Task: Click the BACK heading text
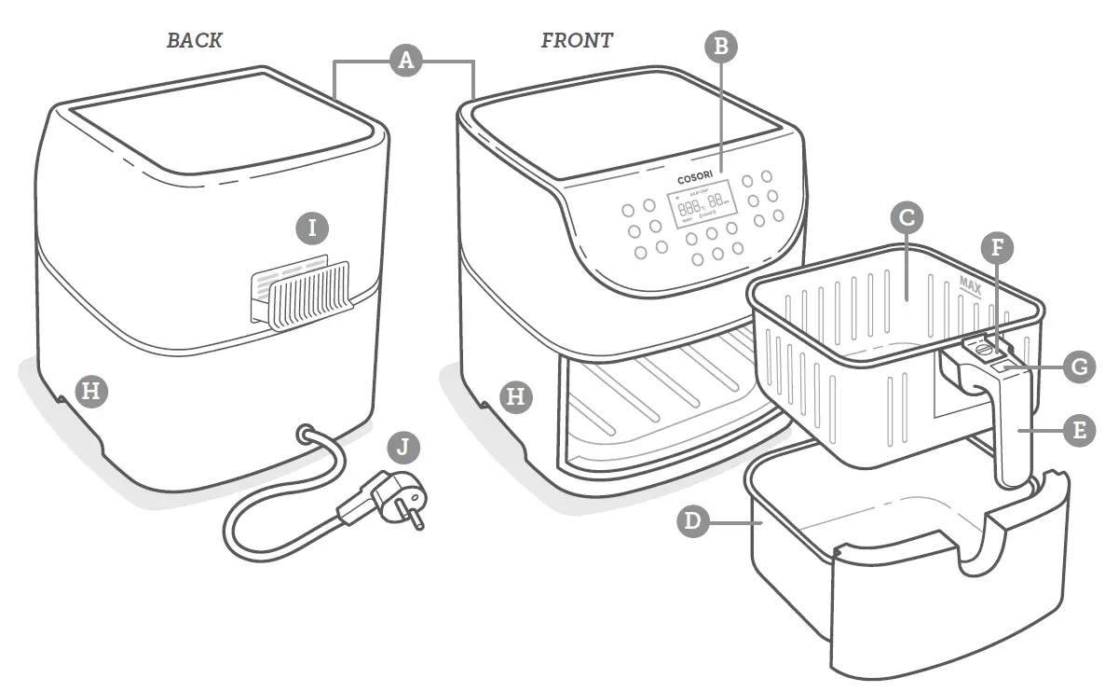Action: click(194, 40)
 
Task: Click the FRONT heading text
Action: click(577, 40)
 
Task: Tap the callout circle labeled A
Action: click(404, 61)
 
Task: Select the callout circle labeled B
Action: click(721, 47)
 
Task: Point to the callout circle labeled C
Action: click(907, 218)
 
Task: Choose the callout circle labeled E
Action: click(1079, 430)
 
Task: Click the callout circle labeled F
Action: click(998, 248)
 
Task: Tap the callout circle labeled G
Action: click(1079, 367)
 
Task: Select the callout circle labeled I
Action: click(313, 227)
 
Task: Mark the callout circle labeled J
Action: click(402, 447)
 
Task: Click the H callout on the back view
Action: click(89, 390)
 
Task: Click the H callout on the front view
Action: click(515, 396)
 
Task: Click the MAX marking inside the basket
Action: click(972, 281)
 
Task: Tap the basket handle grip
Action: click(1008, 429)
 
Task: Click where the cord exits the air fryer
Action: click(305, 434)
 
